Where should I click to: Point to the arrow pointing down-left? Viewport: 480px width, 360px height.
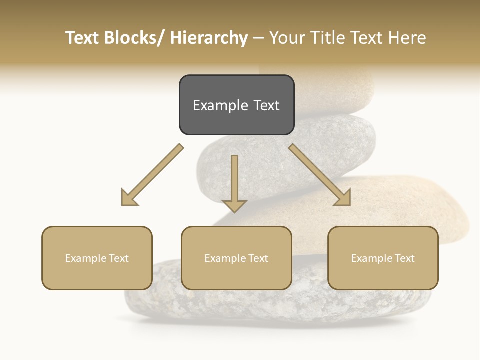[x=152, y=175]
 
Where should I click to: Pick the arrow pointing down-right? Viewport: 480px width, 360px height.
[x=320, y=175]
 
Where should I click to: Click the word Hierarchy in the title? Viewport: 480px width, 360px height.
[x=209, y=38]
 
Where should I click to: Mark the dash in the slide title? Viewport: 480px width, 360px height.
[x=258, y=38]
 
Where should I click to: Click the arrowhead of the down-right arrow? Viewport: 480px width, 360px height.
[x=344, y=198]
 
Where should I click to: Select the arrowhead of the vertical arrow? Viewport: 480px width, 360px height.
[x=234, y=205]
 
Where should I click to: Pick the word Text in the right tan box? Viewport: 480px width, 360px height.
[x=404, y=258]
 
